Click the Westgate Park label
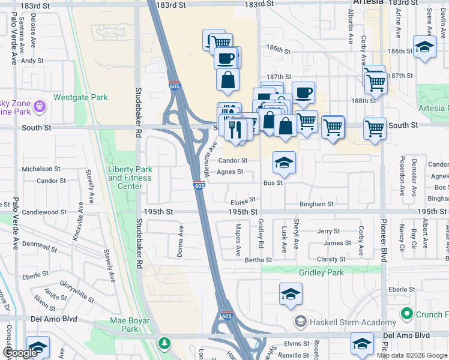pyautogui.click(x=80, y=97)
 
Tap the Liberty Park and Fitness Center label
pyautogui.click(x=125, y=178)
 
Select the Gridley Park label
pyautogui.click(x=321, y=272)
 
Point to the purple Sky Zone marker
pyautogui.click(x=40, y=107)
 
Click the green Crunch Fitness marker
pyautogui.click(x=406, y=314)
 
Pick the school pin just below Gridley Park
pyautogui.click(x=291, y=294)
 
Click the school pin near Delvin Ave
pyautogui.click(x=424, y=47)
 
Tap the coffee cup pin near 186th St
pyautogui.click(x=226, y=58)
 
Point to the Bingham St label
pyautogui.click(x=316, y=204)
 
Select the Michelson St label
pyautogui.click(x=41, y=170)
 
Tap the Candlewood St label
pyautogui.click(x=44, y=212)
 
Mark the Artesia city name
pyautogui.click(x=364, y=4)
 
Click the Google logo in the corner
pyautogui.click(x=20, y=353)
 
